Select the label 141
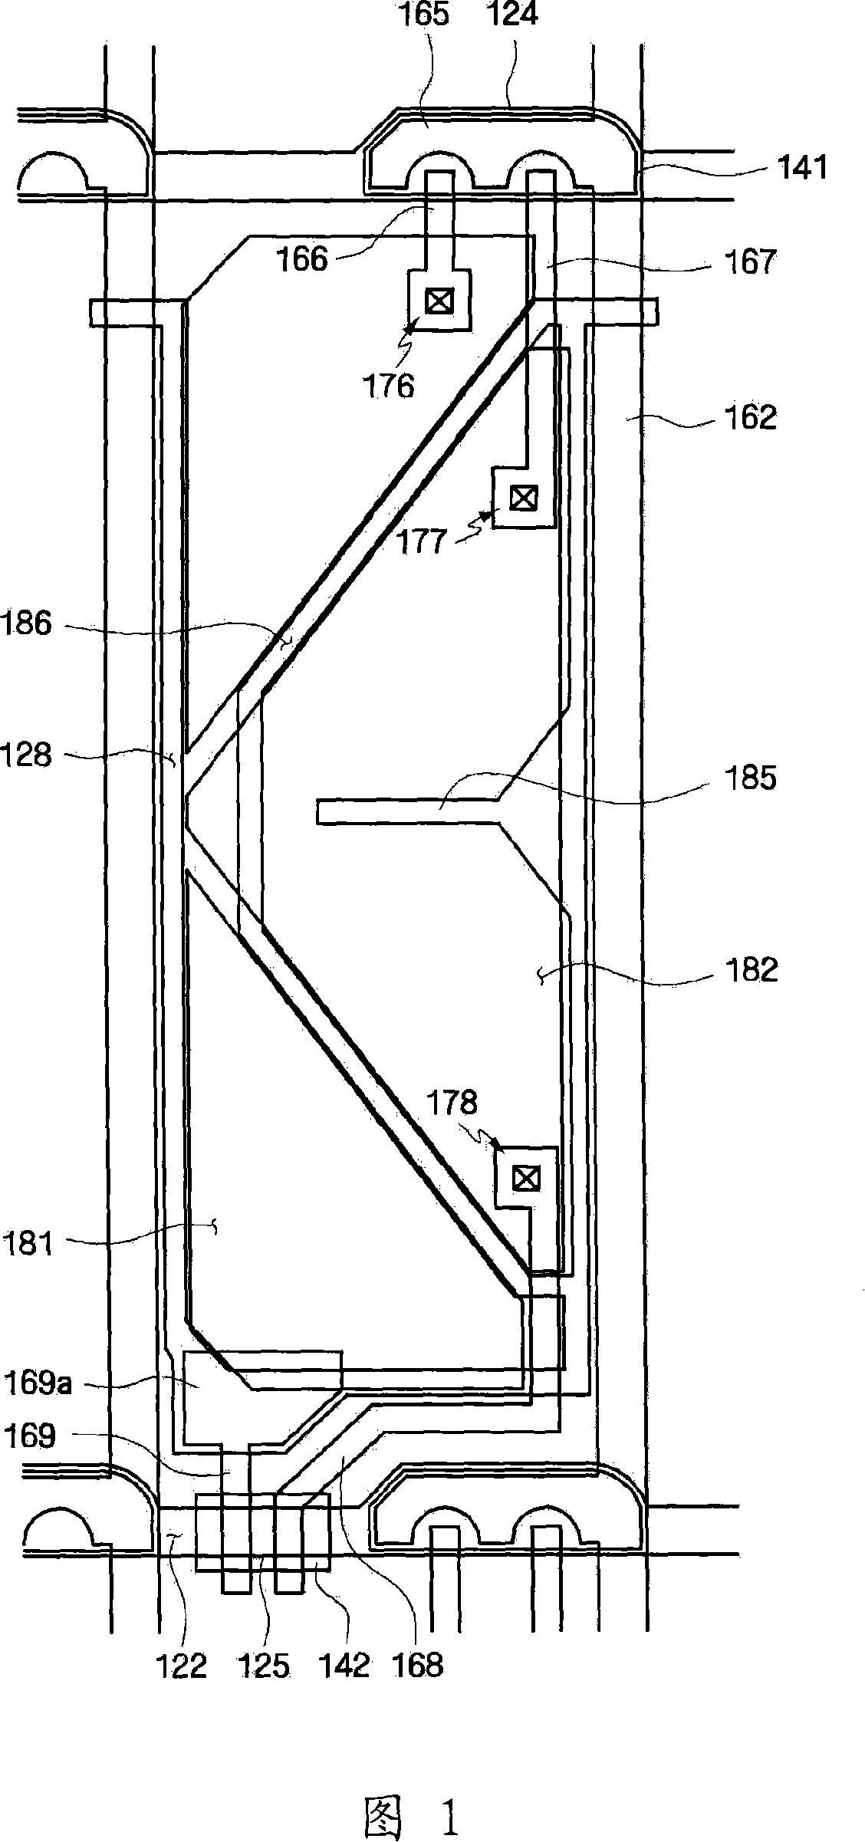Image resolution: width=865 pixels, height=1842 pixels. click(x=802, y=167)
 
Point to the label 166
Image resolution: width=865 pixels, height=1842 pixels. click(x=303, y=259)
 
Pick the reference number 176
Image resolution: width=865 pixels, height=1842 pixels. click(x=389, y=386)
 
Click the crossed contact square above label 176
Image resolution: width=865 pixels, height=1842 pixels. click(x=438, y=301)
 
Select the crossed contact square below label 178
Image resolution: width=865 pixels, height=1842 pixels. click(x=525, y=1177)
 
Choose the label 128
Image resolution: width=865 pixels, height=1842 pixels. click(x=27, y=755)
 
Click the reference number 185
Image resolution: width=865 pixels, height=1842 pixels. click(x=750, y=778)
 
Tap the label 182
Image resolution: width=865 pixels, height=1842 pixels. click(x=751, y=969)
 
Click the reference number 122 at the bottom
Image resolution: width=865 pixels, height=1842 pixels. click(x=182, y=1665)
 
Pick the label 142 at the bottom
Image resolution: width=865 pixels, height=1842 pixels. click(x=344, y=1665)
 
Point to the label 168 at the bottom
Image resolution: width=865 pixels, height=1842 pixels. click(x=418, y=1665)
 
